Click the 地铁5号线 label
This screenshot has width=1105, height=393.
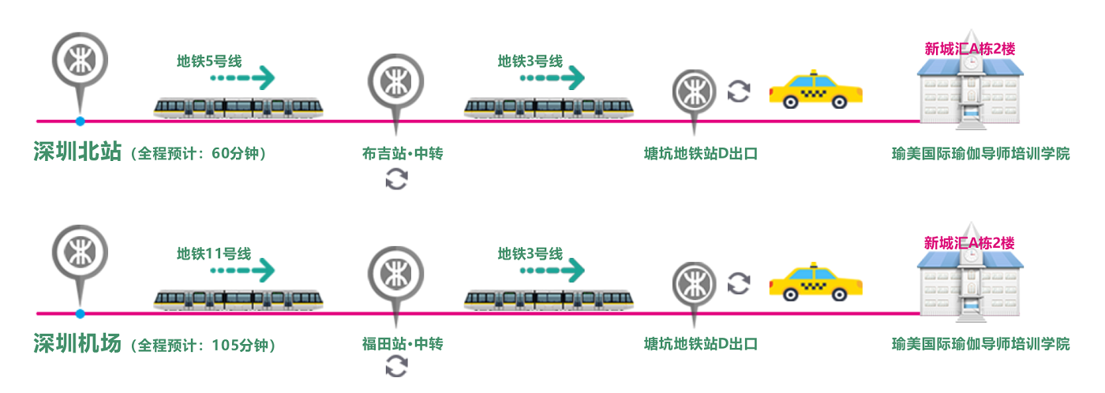point(209,61)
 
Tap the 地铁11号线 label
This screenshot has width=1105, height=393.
point(214,254)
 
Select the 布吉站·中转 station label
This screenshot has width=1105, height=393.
point(403,153)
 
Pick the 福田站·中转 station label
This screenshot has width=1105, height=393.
point(403,344)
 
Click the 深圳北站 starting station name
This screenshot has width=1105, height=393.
point(77,152)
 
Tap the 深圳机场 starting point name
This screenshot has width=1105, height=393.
point(77,343)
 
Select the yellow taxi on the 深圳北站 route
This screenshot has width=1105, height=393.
point(816,89)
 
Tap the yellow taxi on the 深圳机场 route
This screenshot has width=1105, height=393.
point(816,282)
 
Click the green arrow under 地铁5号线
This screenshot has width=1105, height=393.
point(242,77)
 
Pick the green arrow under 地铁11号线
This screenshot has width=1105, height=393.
point(242,270)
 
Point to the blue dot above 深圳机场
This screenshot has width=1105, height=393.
point(80,313)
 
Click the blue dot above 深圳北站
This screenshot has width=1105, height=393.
point(80,121)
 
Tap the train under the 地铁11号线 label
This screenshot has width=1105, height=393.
point(238,300)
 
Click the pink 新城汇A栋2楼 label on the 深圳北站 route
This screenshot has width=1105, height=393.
point(970,49)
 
